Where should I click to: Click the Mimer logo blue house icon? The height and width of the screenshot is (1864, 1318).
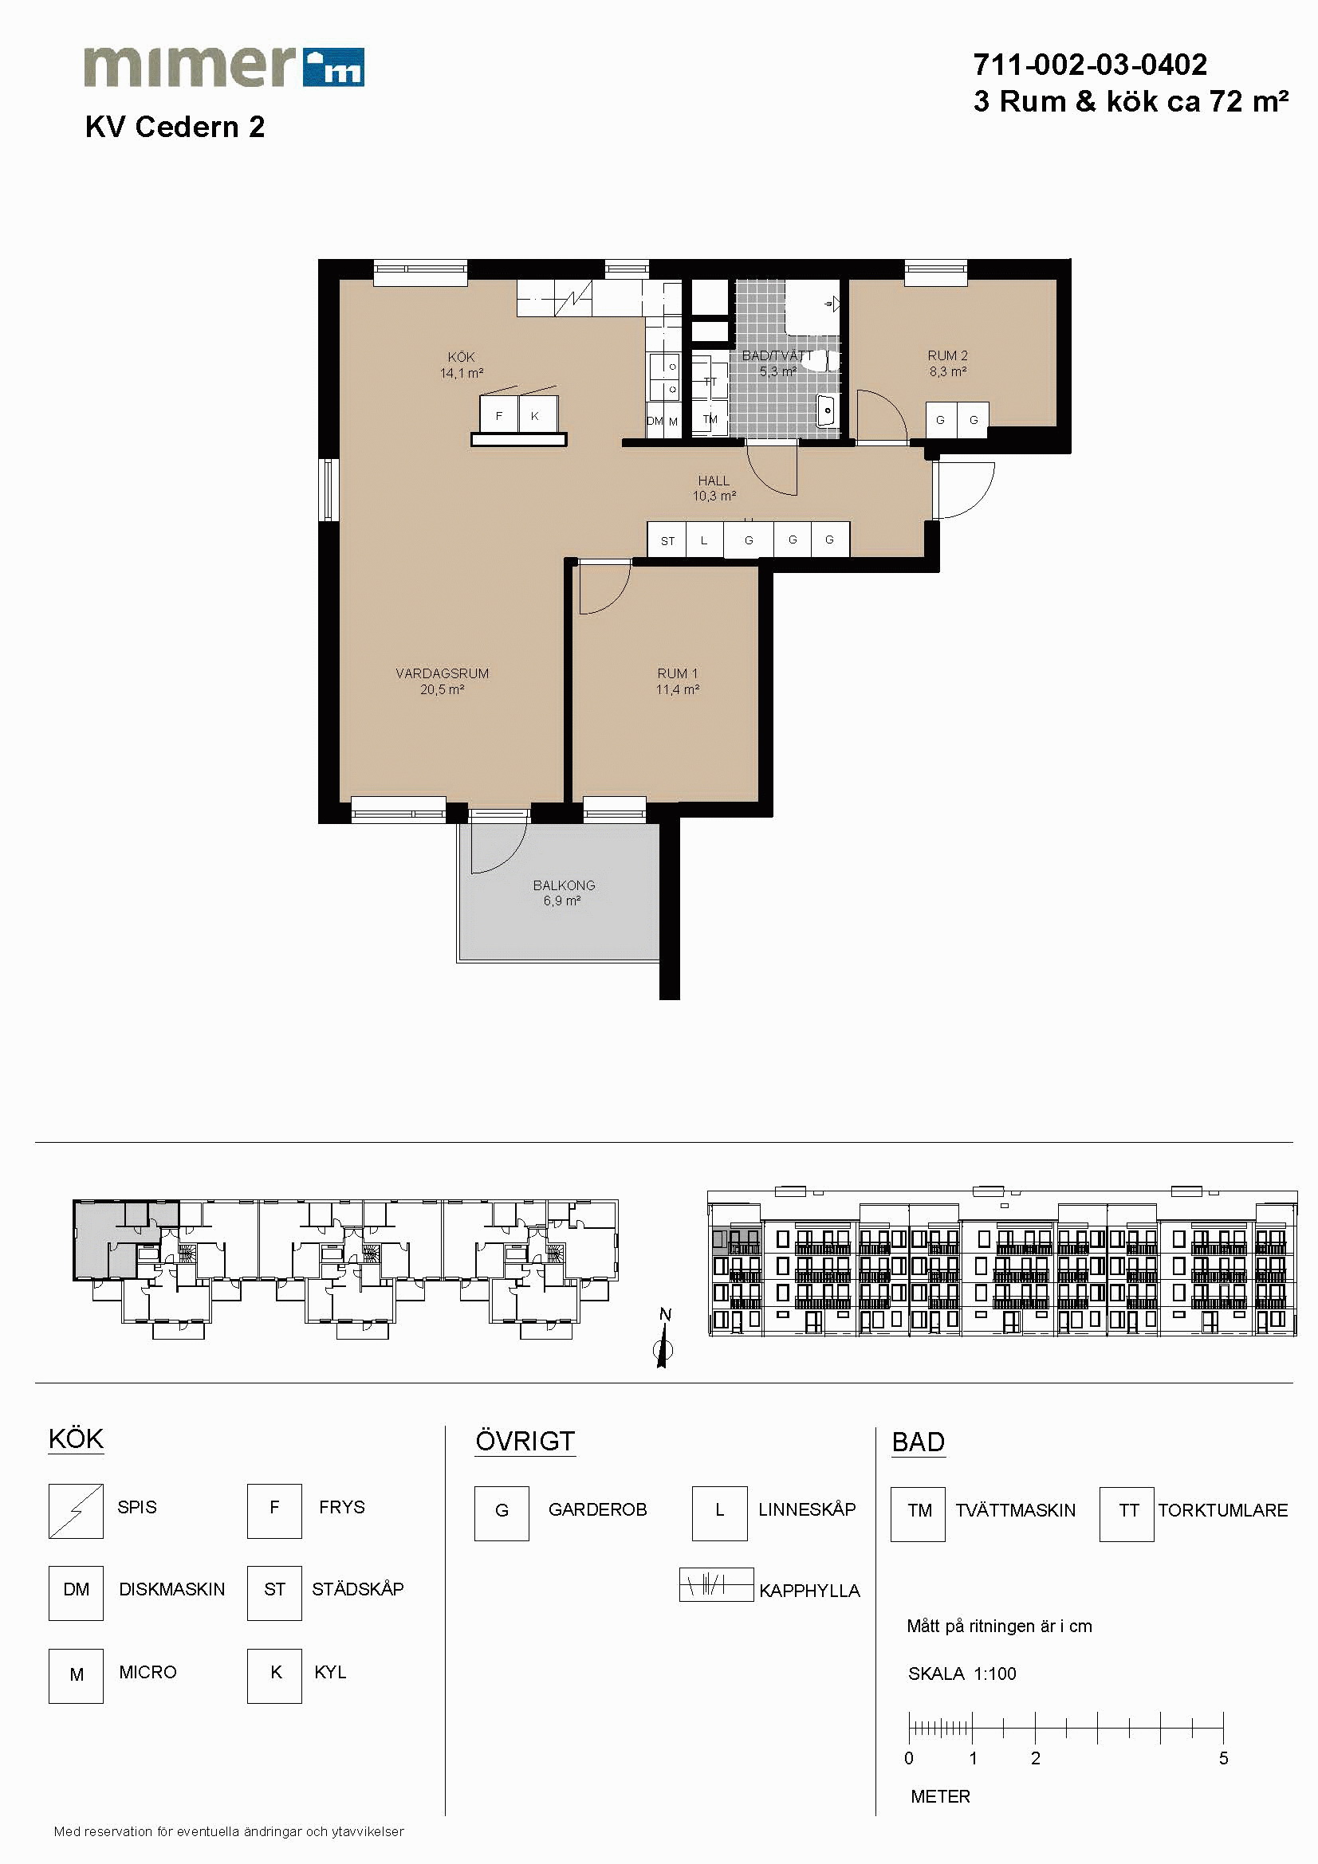333,68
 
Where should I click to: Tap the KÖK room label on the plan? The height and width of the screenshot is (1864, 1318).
461,357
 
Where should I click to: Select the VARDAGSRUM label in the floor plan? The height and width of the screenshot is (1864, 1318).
442,673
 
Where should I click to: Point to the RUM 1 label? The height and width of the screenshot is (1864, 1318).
677,673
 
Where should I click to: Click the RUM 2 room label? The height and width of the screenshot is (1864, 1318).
948,355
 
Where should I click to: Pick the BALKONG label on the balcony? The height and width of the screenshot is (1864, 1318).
564,885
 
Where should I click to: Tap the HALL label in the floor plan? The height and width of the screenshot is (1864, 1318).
714,481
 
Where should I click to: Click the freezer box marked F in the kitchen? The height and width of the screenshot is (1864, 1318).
498,415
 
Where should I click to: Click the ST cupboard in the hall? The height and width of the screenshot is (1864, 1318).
667,540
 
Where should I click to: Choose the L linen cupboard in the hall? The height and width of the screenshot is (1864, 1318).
705,540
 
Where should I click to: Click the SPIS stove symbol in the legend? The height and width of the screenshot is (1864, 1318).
76,1511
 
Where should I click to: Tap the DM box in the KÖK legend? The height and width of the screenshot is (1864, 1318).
76,1593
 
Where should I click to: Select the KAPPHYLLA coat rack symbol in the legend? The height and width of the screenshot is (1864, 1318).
716,1584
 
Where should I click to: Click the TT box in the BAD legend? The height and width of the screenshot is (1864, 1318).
1127,1514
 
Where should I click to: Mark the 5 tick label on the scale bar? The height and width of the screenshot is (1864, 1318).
1223,1759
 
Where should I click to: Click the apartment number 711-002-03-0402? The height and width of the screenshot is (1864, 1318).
1090,64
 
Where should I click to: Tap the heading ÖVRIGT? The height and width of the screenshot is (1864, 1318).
525,1441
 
